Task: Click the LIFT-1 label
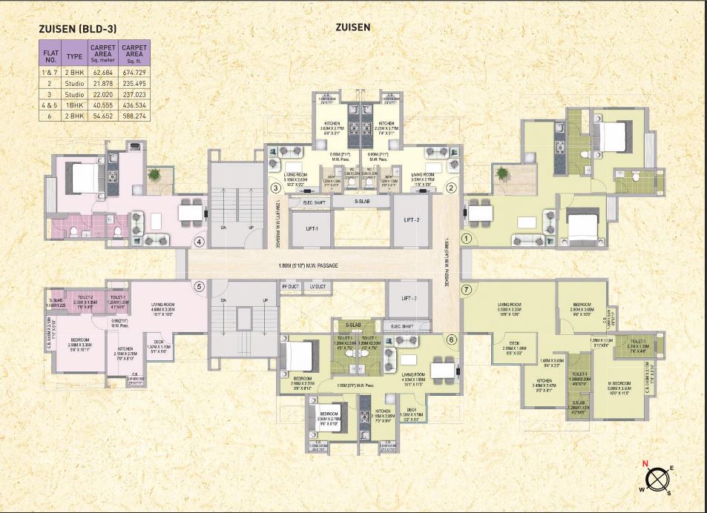[x=306, y=229]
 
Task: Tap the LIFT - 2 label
[x=412, y=221]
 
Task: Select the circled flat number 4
[x=198, y=241]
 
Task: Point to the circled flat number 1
[x=466, y=238]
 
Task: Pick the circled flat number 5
[x=198, y=287]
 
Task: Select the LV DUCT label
[x=318, y=285]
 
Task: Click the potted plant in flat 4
[x=154, y=175]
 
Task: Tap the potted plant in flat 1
[x=502, y=173]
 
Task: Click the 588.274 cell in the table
[x=135, y=116]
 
